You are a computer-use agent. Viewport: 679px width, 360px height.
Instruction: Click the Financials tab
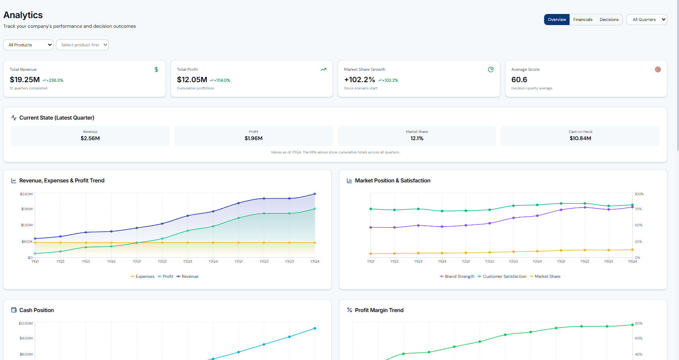tap(582, 19)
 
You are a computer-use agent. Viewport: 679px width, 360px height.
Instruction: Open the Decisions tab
tap(609, 19)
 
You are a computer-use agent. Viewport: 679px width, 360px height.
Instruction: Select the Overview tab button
tap(557, 19)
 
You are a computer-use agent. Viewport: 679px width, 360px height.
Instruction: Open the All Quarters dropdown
tap(646, 19)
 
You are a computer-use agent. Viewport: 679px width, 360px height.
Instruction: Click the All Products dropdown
tap(28, 45)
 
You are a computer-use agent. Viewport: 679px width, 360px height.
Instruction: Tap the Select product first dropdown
tap(83, 45)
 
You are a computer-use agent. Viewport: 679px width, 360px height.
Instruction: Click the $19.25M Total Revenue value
tap(25, 80)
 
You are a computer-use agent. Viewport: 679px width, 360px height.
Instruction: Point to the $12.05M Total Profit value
tap(192, 80)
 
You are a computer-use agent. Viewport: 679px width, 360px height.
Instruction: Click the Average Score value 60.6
tap(519, 80)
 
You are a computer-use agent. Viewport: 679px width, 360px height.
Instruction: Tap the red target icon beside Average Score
tap(658, 69)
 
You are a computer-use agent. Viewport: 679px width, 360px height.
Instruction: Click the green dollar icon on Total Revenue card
tap(156, 69)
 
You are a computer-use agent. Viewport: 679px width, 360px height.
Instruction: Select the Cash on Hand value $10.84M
tap(580, 138)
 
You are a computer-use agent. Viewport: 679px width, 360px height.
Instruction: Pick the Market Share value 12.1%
tap(417, 138)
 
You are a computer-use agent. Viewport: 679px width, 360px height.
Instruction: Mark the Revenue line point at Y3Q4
tap(315, 194)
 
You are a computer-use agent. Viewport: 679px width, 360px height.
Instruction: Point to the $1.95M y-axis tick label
tap(27, 209)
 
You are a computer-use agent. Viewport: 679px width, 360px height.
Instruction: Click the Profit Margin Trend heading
tap(379, 310)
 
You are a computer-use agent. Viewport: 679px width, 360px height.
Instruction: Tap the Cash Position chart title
tap(36, 310)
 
